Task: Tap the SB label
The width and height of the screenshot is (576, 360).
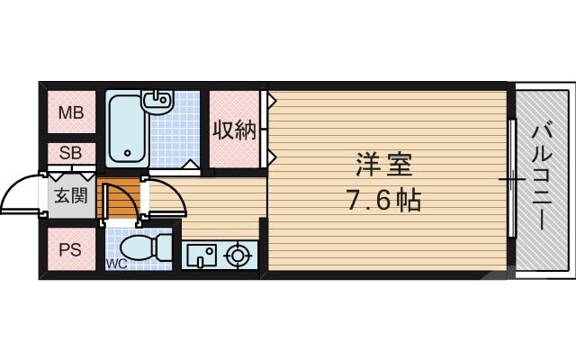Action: pos(69,154)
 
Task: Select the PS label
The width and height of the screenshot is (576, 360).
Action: pos(69,250)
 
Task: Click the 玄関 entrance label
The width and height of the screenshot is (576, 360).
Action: pos(69,195)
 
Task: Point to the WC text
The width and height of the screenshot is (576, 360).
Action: pos(116,264)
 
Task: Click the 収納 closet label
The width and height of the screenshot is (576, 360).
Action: pos(234,130)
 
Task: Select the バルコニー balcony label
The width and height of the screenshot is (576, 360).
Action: pos(543,178)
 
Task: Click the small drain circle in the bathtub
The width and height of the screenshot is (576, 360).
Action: pos(128,153)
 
